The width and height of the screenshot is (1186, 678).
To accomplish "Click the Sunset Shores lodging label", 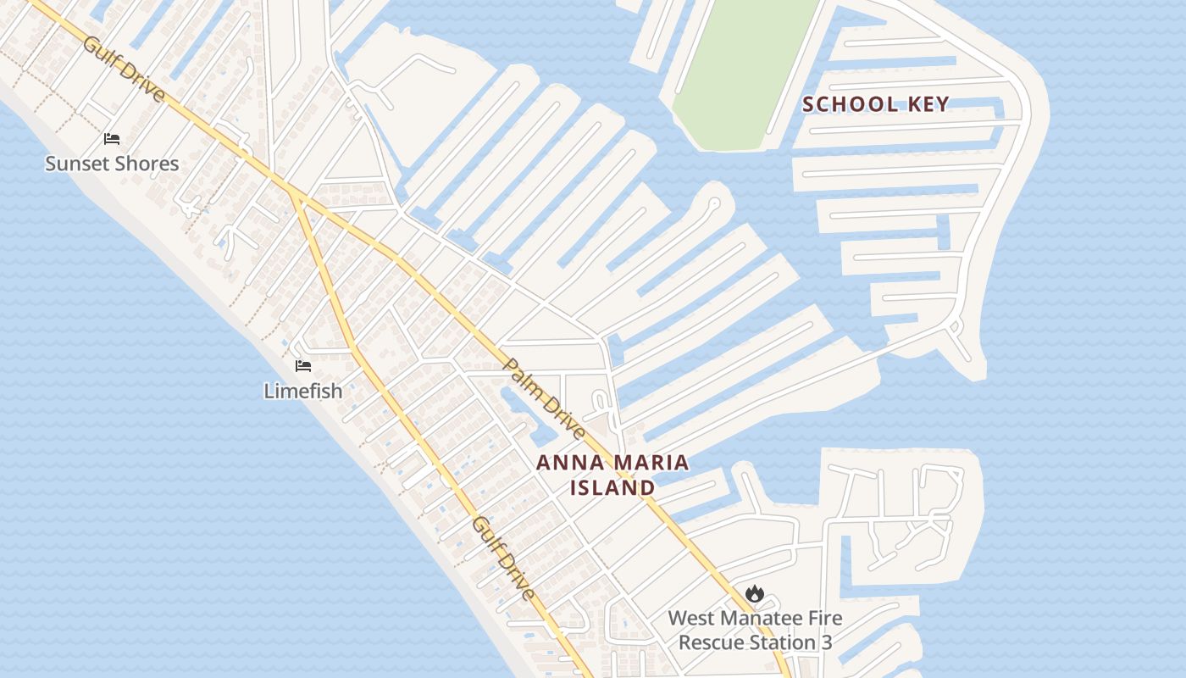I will pos(112,164).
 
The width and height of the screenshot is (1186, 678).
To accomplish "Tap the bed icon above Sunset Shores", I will pos(112,139).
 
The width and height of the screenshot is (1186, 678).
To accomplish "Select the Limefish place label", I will pos(303,391).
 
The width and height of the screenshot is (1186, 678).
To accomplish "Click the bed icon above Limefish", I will pos(303,366).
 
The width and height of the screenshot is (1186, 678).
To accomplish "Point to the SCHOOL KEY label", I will pos(876,104).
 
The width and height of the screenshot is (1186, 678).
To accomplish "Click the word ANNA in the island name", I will pos(567,463).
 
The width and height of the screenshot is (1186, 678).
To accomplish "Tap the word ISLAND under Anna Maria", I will pos(612,487).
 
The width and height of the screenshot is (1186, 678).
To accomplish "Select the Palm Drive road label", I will pos(545,398).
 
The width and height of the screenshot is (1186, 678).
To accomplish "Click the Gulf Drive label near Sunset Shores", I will pos(124,69).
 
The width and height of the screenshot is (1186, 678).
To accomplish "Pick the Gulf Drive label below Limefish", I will pos(504,559).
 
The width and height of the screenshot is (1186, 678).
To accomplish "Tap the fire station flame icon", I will pos(755,594).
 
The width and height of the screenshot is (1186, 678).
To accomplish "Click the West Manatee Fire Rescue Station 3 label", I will pos(755,630).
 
